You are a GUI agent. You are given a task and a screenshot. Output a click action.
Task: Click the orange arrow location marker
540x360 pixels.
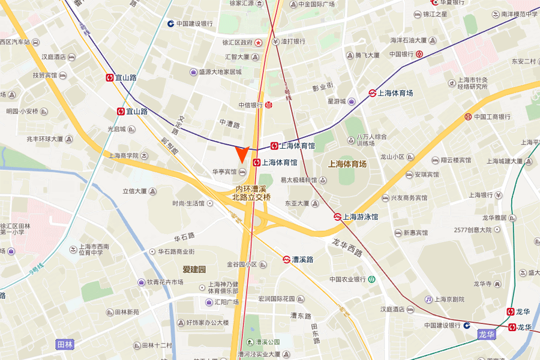(x=241, y=154)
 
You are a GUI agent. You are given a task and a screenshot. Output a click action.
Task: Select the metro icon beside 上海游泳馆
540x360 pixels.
(x=338, y=217)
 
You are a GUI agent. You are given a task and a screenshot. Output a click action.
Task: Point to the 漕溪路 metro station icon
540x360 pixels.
(x=287, y=259)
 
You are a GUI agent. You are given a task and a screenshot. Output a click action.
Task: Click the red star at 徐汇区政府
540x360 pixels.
(x=258, y=43)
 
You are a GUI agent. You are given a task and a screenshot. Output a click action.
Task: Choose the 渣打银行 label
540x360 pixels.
(x=293, y=41)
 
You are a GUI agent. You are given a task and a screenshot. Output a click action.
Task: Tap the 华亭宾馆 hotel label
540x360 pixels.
(x=224, y=172)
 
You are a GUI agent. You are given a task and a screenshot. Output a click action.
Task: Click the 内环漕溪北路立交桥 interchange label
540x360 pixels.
(x=251, y=193)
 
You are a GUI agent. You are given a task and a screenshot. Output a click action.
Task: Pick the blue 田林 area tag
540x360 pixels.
(x=65, y=344)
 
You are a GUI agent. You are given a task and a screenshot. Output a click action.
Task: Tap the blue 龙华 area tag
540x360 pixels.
(x=487, y=334)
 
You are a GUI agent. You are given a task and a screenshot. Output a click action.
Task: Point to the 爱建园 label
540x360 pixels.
(x=194, y=269)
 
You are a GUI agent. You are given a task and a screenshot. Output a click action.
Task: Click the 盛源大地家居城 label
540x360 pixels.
(x=220, y=72)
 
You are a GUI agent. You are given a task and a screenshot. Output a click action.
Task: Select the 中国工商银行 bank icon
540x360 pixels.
(x=467, y=116)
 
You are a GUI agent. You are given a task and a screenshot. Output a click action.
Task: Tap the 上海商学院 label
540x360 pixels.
(x=124, y=155)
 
